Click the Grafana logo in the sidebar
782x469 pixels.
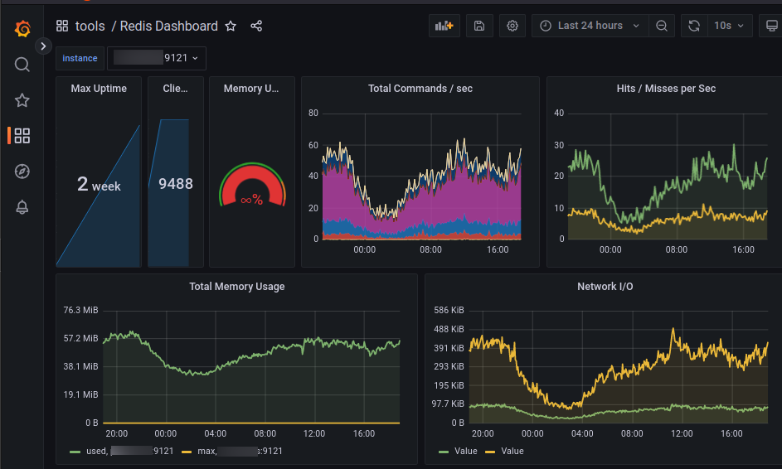click(22, 29)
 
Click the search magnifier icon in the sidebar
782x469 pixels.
click(22, 65)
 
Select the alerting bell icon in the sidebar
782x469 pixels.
click(22, 207)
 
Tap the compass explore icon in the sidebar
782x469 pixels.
click(22, 172)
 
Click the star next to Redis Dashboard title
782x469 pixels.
click(231, 27)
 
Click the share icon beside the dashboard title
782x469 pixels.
click(256, 27)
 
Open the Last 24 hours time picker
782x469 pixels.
click(590, 26)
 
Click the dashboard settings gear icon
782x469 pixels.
click(512, 26)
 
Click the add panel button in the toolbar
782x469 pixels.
click(444, 26)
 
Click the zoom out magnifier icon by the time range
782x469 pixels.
click(662, 26)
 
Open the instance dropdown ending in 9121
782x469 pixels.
click(157, 58)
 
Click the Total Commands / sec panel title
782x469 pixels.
click(420, 89)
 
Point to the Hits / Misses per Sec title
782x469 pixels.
click(666, 89)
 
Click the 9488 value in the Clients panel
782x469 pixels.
click(176, 184)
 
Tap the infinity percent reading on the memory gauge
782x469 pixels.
click(251, 200)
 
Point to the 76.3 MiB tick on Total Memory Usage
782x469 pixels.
click(80, 310)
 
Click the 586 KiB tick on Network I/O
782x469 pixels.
click(449, 310)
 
